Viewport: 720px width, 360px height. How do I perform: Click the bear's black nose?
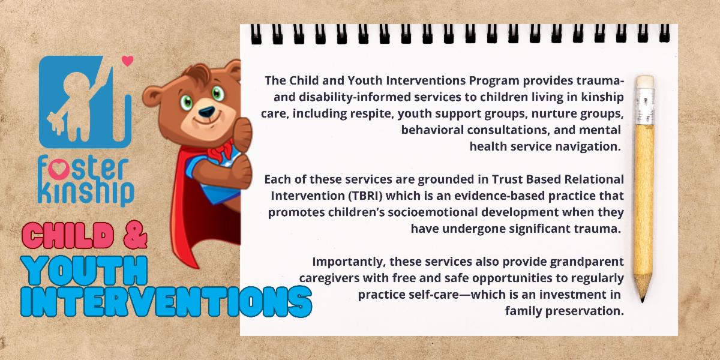pos(206,112)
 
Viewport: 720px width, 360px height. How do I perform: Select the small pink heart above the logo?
pos(128,61)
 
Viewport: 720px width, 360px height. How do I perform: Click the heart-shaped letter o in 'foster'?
pos(59,170)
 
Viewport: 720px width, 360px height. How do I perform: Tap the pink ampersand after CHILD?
pos(136,235)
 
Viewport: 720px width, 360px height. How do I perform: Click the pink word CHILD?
pos(68,236)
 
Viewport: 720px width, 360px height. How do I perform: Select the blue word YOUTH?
pos(84,271)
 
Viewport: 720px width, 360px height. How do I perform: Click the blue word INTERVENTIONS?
pos(166,301)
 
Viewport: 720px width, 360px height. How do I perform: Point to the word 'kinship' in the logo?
pos(86,193)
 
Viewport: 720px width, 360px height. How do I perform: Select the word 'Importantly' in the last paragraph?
pos(349,262)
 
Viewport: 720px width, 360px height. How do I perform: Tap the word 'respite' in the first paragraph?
pos(371,114)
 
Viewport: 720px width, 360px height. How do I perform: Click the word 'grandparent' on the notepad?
pos(587,262)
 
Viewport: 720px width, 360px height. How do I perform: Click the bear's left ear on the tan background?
pos(152,97)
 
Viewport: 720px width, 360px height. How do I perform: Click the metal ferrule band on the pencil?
pos(645,106)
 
